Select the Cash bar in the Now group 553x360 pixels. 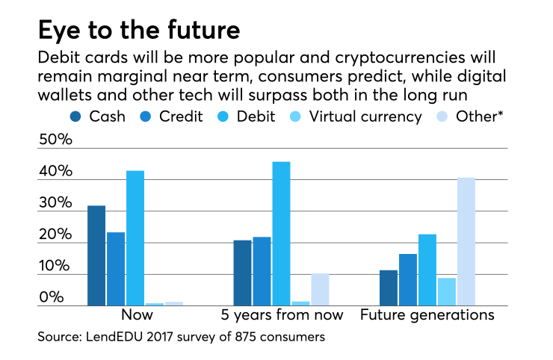pos(96,255)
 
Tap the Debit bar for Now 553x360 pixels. pos(135,238)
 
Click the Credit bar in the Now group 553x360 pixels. pos(116,269)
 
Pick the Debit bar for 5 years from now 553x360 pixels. pos(281,234)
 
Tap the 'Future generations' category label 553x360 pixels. pos(427,314)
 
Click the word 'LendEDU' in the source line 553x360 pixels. pos(114,337)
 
